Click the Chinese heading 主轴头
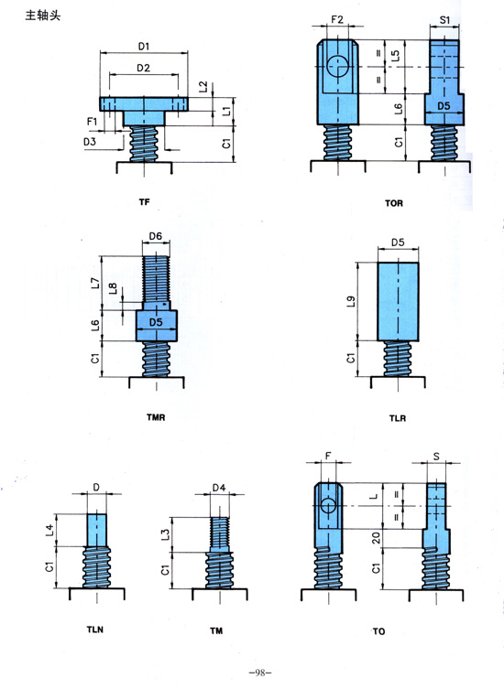(x=43, y=16)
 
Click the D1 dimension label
(x=144, y=46)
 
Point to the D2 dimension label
(x=144, y=68)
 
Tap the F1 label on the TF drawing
(x=92, y=121)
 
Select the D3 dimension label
(x=90, y=142)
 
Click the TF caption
(x=144, y=201)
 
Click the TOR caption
(x=393, y=203)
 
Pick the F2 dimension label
(x=337, y=19)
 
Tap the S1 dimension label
(x=444, y=20)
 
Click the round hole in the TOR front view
(x=337, y=67)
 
